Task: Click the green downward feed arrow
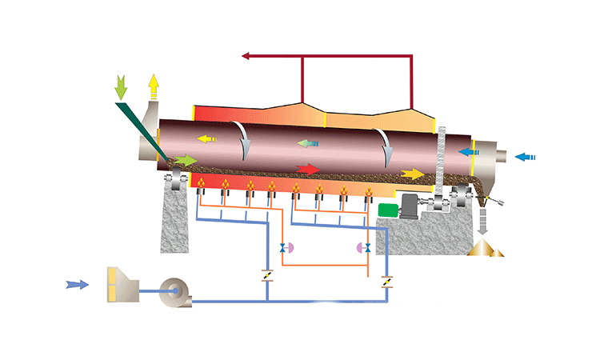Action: pyautogui.click(x=122, y=86)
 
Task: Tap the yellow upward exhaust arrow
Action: pyautogui.click(x=154, y=85)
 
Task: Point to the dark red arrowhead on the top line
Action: pyautogui.click(x=247, y=56)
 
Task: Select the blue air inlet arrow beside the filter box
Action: pyautogui.click(x=77, y=283)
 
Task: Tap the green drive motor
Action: pyautogui.click(x=389, y=210)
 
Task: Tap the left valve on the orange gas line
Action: pyautogui.click(x=282, y=248)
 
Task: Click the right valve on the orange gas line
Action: pyautogui.click(x=366, y=248)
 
